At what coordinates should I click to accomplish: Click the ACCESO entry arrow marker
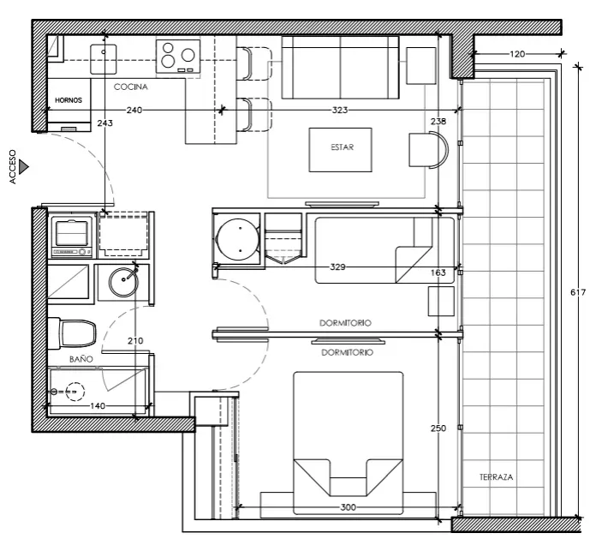pos(24,167)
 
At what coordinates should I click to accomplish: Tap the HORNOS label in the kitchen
pos(69,100)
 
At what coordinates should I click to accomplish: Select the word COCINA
pos(131,87)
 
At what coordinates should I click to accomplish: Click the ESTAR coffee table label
pos(342,147)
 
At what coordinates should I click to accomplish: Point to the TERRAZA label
pos(496,477)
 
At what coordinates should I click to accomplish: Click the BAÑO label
pos(81,359)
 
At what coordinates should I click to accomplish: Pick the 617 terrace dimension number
pos(578,292)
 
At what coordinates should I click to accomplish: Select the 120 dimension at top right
pos(517,54)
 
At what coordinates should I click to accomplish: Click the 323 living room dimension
pos(340,111)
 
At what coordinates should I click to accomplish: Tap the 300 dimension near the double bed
pos(348,507)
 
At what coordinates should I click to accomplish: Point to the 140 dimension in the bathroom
pos(98,406)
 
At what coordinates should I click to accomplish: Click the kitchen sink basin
pos(103,59)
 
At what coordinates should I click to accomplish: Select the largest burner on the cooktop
pos(188,55)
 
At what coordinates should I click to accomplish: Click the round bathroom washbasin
pos(123,281)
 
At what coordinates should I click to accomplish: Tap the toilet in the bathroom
pos(72,333)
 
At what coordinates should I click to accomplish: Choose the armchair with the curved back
pos(428,150)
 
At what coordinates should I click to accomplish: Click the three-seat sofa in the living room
pos(340,68)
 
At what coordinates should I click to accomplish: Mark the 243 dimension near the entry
pos(104,123)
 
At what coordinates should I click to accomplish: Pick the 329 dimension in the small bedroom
pos(337,267)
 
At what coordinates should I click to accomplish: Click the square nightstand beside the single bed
pos(441,301)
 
